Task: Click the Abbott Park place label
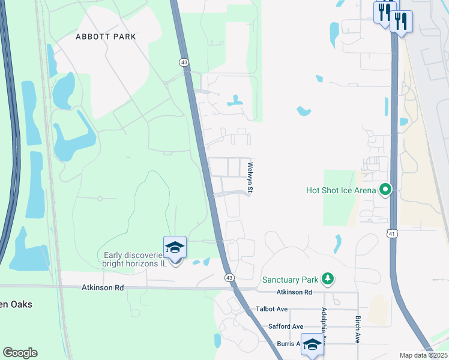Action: coord(106,37)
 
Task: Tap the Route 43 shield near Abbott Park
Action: coord(184,62)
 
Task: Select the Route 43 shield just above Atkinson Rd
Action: coord(229,277)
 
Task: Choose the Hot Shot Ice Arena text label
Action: coord(340,191)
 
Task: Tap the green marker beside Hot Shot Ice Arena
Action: coord(385,191)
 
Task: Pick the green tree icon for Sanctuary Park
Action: coord(327,279)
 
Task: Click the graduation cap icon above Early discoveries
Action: coord(175,247)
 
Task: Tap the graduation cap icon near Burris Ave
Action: coord(312,344)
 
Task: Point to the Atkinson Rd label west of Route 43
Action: coord(103,288)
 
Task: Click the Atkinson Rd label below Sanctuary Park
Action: coord(294,292)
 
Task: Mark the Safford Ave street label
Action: coord(285,326)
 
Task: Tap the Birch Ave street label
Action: coord(358,329)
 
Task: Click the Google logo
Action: coord(20,353)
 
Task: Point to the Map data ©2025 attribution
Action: coord(423,355)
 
